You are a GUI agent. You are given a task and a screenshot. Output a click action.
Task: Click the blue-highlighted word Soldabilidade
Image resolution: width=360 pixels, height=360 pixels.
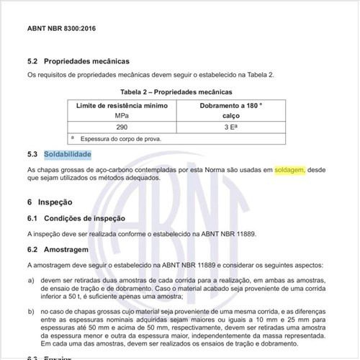[67, 154]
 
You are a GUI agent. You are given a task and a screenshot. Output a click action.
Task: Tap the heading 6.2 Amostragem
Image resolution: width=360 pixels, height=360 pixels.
[62, 250]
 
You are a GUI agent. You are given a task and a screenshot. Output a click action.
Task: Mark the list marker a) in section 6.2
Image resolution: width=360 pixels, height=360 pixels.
[31, 279]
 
